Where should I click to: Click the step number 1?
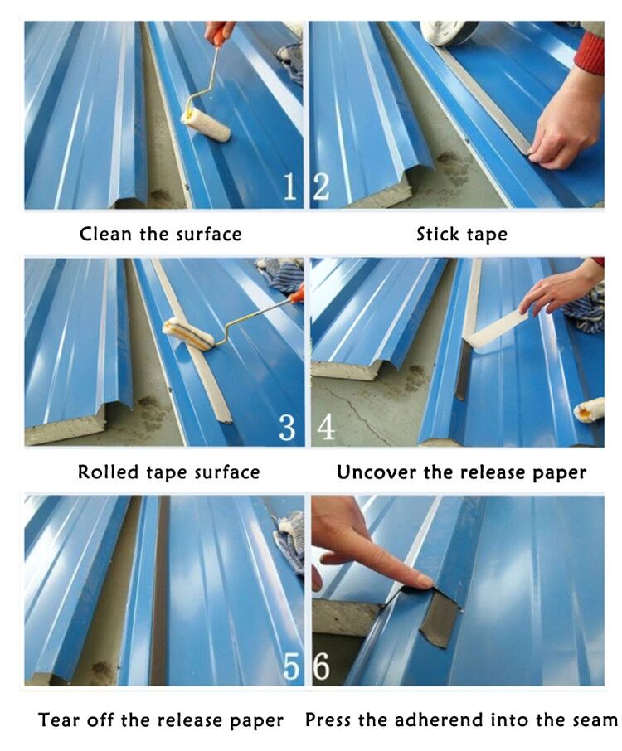pos(289,187)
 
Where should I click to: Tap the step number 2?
pos(321,187)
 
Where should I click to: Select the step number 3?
pos(287,427)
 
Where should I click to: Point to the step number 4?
pos(325,427)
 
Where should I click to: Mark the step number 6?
pos(322,666)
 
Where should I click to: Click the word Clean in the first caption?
pos(105,235)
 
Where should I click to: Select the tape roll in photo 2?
pos(445,33)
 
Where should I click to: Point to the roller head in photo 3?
pos(188,334)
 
